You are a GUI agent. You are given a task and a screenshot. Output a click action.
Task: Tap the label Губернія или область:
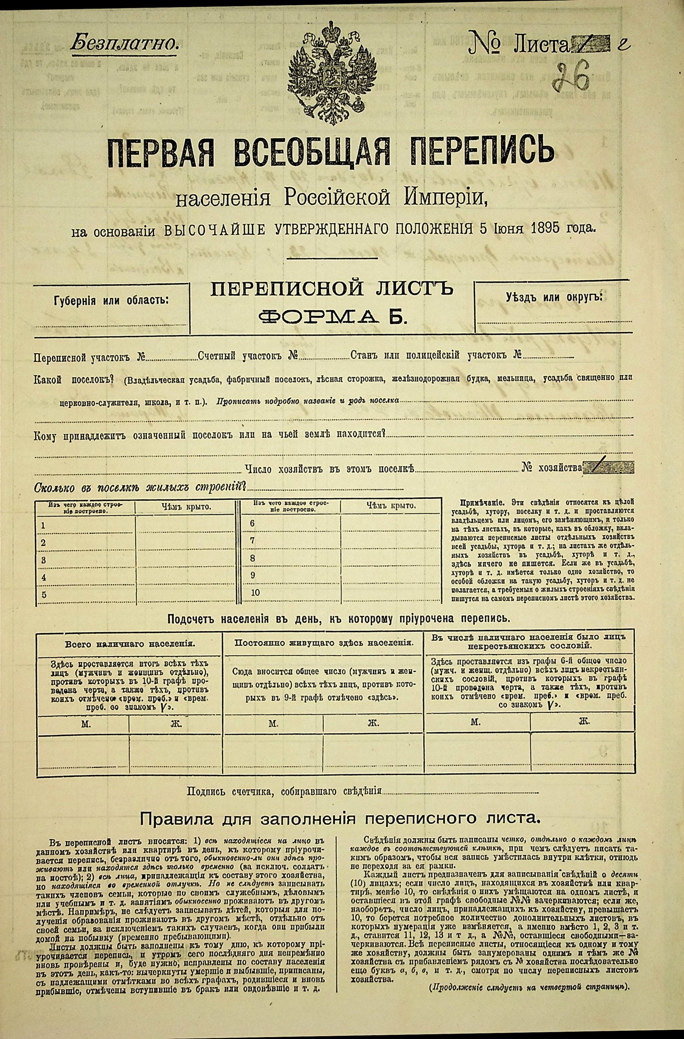pyautogui.click(x=111, y=300)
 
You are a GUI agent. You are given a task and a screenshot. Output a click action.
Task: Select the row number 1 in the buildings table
pyautogui.click(x=44, y=525)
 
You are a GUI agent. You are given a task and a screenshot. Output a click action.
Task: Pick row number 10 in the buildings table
pyautogui.click(x=255, y=592)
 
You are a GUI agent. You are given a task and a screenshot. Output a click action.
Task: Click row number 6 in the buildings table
pyautogui.click(x=253, y=523)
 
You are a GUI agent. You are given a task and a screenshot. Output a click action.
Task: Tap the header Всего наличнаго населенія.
pyautogui.click(x=130, y=643)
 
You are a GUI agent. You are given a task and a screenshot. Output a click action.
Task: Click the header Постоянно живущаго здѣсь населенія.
pyautogui.click(x=324, y=642)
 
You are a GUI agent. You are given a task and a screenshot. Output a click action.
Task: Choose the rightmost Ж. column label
pyautogui.click(x=584, y=722)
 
